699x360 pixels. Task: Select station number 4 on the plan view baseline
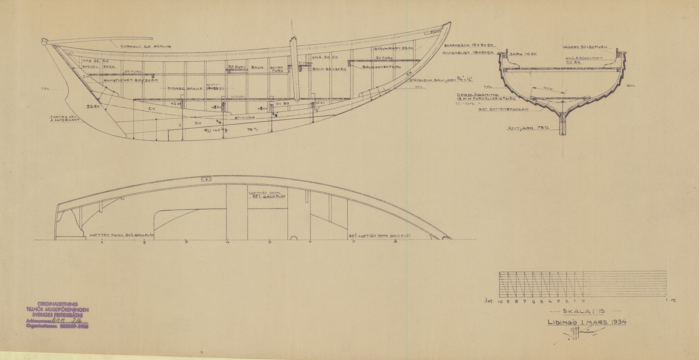click(x=228, y=241)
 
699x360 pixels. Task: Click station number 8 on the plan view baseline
click(x=396, y=241)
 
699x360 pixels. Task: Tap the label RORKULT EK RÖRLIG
click(x=146, y=46)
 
